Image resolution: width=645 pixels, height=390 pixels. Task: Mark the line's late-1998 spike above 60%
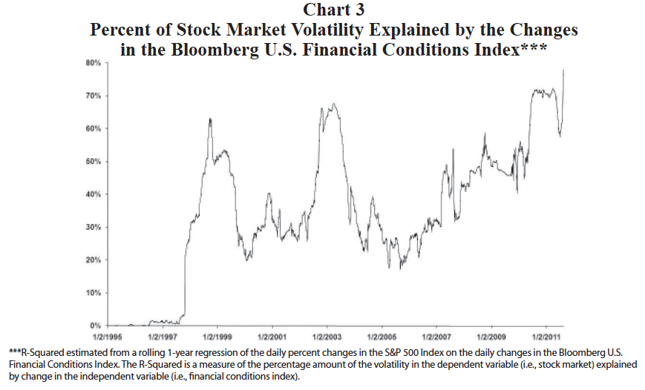[210, 119]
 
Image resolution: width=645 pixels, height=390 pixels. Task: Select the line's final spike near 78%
[564, 70]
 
